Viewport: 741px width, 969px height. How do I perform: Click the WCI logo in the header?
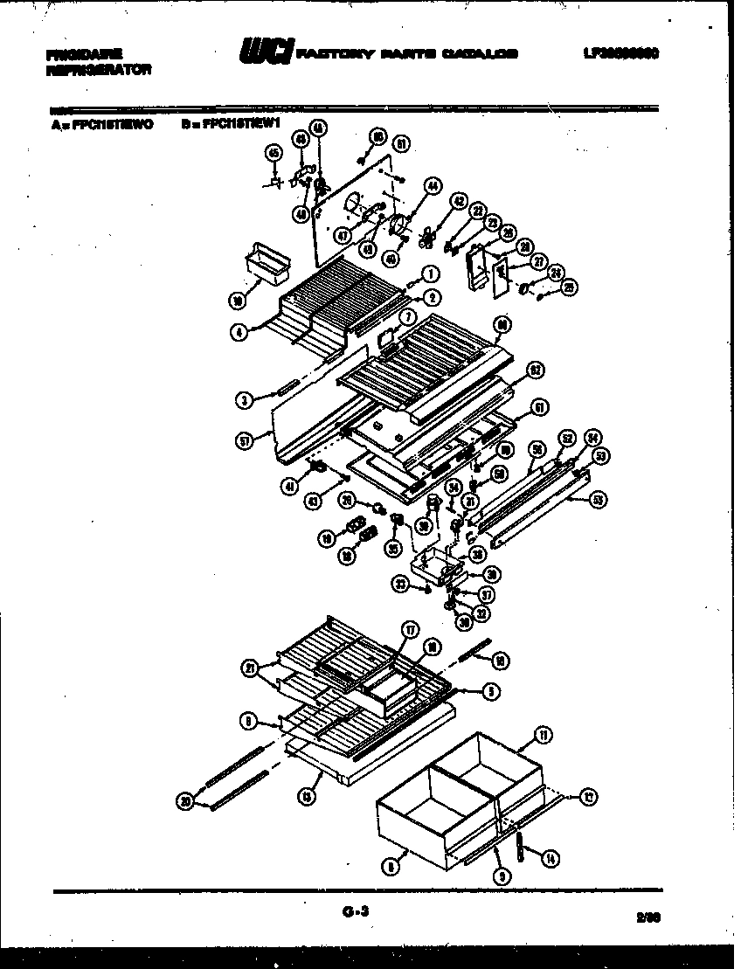coord(266,53)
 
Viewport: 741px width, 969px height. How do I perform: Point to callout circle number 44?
coord(432,185)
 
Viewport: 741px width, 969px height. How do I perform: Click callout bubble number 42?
coord(458,200)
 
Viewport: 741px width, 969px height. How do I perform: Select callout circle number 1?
coord(429,274)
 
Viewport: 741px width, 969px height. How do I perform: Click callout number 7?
coord(407,315)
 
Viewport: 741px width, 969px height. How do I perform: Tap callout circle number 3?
coord(245,400)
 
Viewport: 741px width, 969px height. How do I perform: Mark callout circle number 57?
coord(244,442)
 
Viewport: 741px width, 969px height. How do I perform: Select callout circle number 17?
coord(408,629)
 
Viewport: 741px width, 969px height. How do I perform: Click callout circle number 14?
coord(548,859)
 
